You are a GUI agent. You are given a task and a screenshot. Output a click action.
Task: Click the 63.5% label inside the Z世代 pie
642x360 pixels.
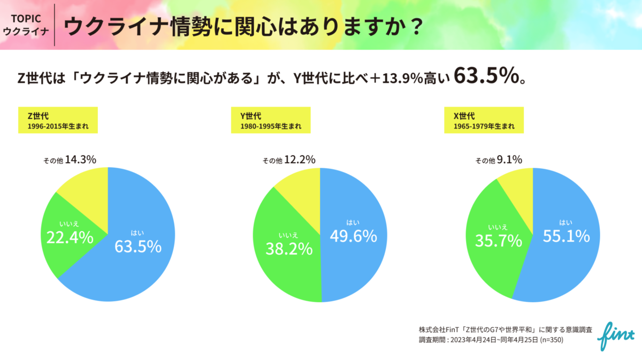138,246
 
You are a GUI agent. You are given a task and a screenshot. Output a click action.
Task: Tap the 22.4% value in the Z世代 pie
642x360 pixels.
70,238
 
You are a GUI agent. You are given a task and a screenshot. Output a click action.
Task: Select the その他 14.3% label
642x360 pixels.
70,159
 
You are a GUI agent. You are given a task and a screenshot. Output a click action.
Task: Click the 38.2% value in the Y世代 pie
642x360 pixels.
289,248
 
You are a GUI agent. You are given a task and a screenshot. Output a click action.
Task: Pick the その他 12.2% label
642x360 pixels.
289,159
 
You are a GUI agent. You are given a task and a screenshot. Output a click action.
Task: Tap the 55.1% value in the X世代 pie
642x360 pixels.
566,235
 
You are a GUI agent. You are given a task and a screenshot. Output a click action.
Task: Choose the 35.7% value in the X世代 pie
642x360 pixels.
498,241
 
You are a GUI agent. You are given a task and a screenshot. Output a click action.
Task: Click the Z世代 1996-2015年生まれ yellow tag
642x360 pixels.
58,120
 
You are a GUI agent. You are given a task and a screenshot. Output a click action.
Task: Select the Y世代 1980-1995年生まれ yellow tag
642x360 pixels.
271,120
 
